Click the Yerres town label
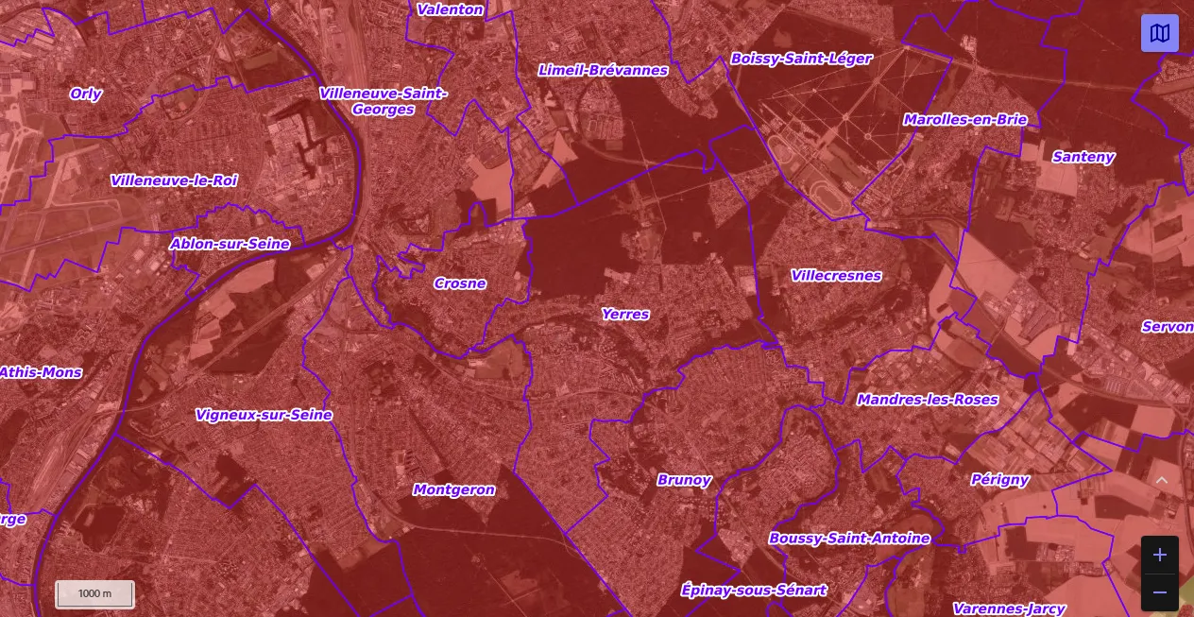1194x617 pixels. [x=625, y=314]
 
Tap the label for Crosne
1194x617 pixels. [x=460, y=283]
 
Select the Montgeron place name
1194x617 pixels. [x=453, y=489]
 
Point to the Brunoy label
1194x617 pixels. [x=684, y=480]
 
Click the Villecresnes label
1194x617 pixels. [x=836, y=276]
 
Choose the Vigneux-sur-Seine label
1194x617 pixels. [x=264, y=415]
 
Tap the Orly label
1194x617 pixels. [x=86, y=94]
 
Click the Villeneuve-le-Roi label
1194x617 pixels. [x=174, y=180]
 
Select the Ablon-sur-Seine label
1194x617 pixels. [x=230, y=244]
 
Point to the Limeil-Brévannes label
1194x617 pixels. [x=603, y=70]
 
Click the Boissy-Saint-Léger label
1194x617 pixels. [x=801, y=59]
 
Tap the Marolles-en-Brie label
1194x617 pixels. [x=964, y=119]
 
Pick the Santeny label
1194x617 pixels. [x=1083, y=157]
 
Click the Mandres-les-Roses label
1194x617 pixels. [x=928, y=400]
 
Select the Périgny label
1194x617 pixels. [x=999, y=479]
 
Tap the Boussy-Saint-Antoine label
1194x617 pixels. [x=849, y=539]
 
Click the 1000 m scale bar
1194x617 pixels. [x=94, y=593]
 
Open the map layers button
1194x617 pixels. [x=1159, y=34]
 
